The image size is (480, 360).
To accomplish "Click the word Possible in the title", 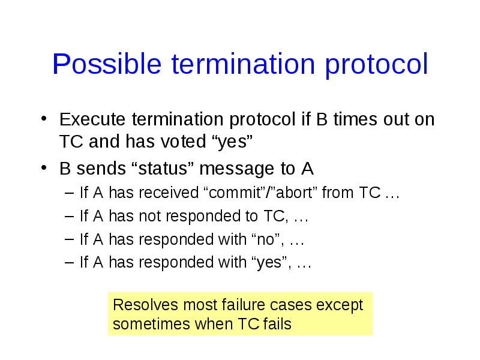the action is (x=107, y=64).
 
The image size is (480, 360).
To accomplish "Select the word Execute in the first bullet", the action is (x=92, y=119).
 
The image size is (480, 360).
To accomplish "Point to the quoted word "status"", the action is (x=163, y=169).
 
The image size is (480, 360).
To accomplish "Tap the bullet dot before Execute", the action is (x=44, y=119).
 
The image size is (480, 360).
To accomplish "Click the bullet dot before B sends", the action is (x=44, y=168).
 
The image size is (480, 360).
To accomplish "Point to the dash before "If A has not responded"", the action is (x=69, y=217).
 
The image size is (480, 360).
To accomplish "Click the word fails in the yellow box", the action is (x=277, y=324).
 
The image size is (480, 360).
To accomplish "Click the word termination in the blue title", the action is (x=243, y=64).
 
